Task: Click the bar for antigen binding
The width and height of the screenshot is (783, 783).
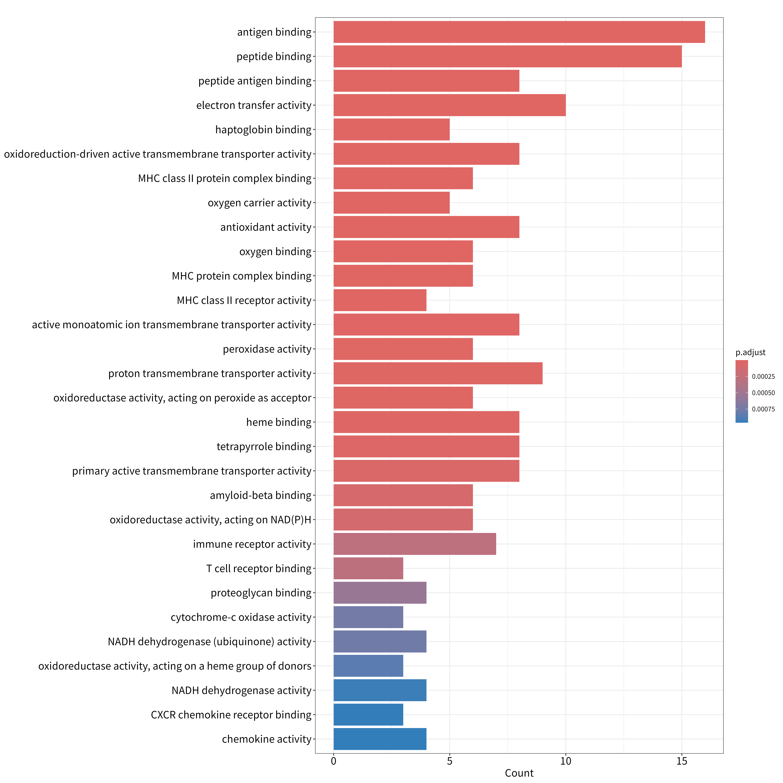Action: click(519, 32)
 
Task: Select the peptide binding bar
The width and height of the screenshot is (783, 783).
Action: click(507, 56)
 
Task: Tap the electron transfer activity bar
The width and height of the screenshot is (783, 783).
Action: click(449, 105)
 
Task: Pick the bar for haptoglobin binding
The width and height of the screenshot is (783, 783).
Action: click(391, 130)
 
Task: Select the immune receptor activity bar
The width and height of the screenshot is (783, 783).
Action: click(415, 544)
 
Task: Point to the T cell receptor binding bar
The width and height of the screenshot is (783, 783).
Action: click(368, 568)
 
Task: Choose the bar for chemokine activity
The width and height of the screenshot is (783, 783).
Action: click(380, 739)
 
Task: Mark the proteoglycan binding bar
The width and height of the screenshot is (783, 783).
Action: click(380, 592)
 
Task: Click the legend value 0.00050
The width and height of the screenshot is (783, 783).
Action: click(763, 393)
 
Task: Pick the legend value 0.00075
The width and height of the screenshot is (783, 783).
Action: click(763, 409)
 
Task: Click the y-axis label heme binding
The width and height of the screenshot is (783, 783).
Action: click(279, 422)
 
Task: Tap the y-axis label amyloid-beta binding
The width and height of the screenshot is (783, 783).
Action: click(261, 495)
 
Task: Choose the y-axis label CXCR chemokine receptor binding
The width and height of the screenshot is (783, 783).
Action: click(231, 714)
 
